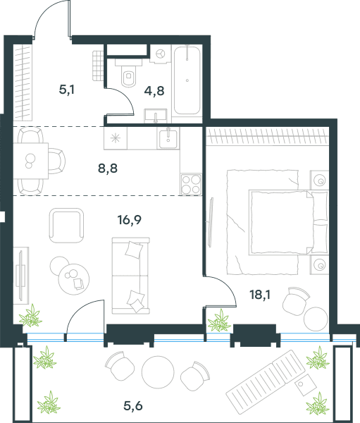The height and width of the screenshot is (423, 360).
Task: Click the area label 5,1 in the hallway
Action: tap(67, 90)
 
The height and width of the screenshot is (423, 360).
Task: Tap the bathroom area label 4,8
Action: tap(154, 91)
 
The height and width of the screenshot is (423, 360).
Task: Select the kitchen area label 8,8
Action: tap(108, 168)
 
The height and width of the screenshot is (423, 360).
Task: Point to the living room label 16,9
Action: tap(130, 220)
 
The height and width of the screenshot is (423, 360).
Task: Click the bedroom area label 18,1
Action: tap(260, 295)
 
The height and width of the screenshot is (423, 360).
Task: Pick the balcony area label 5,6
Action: tap(133, 405)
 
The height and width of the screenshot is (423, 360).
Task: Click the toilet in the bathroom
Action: tap(129, 73)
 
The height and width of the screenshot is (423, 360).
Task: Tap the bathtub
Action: tap(187, 80)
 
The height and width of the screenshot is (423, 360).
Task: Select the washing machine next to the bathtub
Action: tap(161, 54)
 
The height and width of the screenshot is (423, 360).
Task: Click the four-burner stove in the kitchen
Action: tap(191, 184)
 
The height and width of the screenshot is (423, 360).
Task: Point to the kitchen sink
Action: tap(168, 138)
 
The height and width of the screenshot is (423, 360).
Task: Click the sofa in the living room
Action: tap(131, 276)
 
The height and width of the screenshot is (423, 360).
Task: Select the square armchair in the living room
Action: tap(66, 226)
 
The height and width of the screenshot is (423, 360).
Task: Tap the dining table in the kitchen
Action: tap(31, 161)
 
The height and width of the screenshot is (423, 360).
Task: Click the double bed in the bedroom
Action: tap(289, 222)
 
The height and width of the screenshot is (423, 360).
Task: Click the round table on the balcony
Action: tap(158, 372)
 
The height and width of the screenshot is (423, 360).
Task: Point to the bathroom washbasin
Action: tap(156, 116)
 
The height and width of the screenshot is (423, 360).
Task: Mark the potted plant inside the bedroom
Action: tap(219, 321)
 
